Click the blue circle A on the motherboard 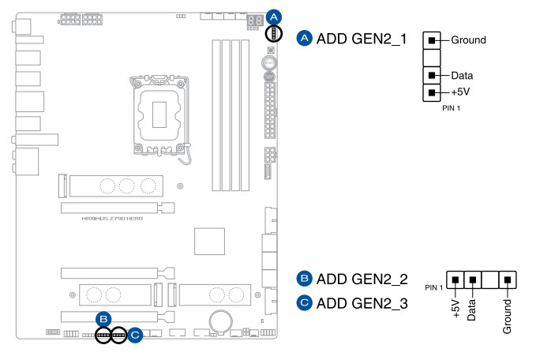pos(274,15)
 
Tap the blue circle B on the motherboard pos(103,319)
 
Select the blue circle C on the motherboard pos(135,335)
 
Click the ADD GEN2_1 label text pos(362,39)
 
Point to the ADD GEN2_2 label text pos(362,279)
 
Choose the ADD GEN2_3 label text pos(362,302)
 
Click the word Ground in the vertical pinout pos(468,39)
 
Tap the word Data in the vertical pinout pos(462,75)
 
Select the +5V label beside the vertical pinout pos(461,92)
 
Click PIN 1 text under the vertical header pos(451,107)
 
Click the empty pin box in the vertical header pos(431,57)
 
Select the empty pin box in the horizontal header pos(490,279)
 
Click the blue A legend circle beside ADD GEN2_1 pos(304,39)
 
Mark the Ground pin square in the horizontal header pos(508,279)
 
